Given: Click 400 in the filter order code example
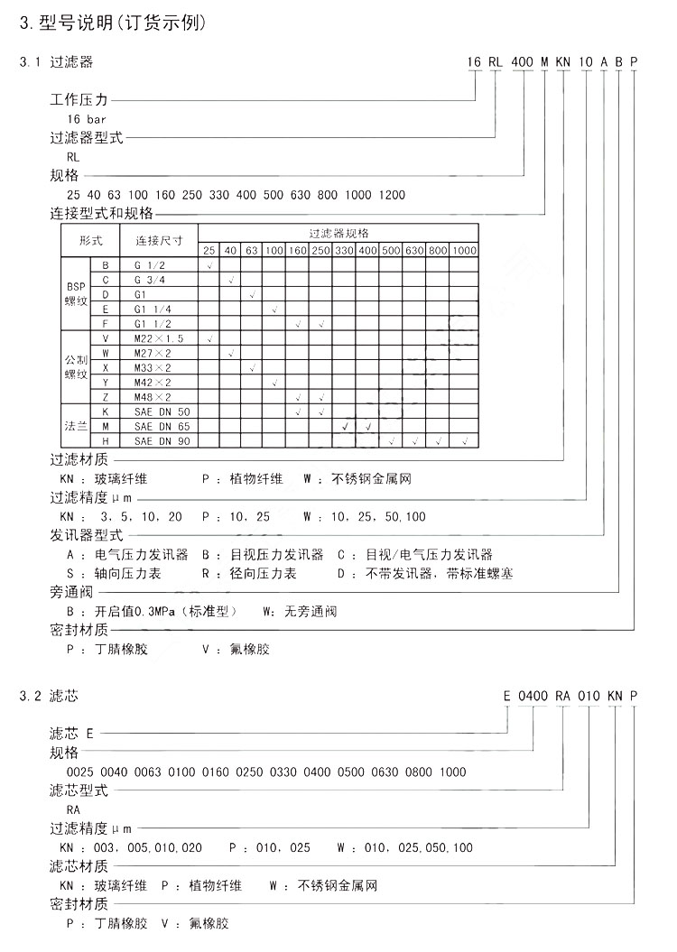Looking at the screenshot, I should (523, 62).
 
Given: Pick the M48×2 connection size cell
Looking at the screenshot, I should (152, 396).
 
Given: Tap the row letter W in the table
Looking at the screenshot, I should (106, 352).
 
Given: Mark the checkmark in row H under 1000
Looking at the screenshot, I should (464, 440).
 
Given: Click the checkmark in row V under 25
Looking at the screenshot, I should (209, 337).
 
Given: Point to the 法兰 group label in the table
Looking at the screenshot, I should (76, 425).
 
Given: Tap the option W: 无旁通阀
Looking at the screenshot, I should (300, 612).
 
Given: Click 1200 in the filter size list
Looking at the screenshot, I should (392, 194).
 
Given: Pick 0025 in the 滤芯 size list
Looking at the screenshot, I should (80, 772).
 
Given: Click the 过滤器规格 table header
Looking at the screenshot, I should (338, 233).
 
